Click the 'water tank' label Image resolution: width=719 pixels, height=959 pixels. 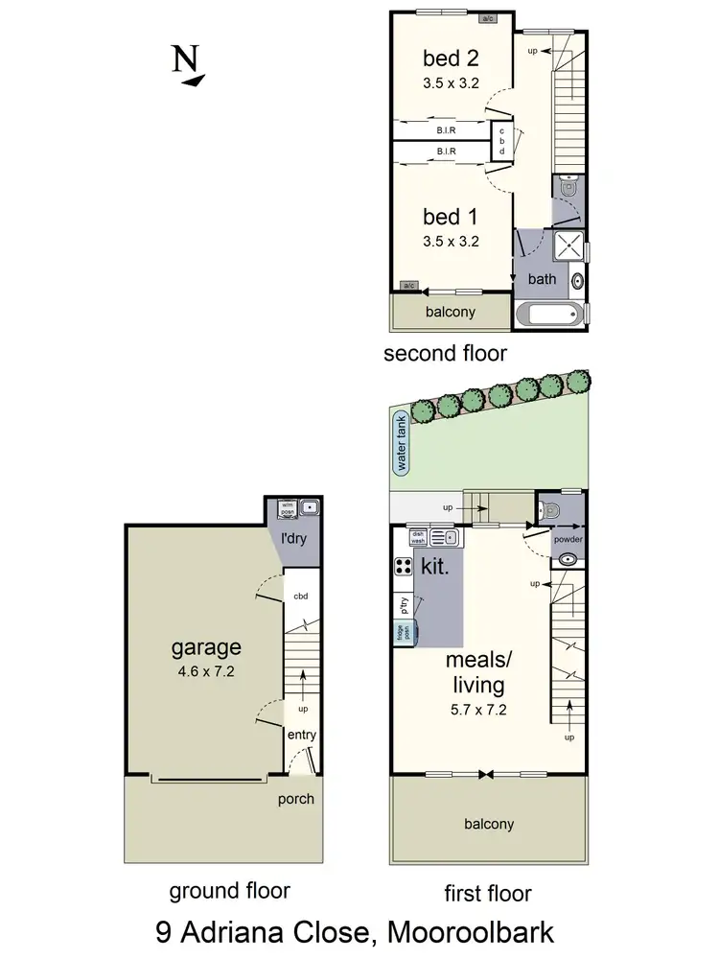[x=399, y=442]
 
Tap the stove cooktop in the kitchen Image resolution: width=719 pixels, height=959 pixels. [x=404, y=566]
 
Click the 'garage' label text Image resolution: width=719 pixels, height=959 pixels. [x=206, y=647]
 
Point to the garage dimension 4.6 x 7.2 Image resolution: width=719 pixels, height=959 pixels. [x=206, y=671]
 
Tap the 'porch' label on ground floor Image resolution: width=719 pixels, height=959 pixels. [x=295, y=799]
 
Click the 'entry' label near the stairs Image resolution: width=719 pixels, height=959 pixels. [x=302, y=736]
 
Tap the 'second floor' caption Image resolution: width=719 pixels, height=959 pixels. [x=445, y=354]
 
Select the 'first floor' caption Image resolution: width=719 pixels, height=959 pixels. [x=487, y=894]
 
